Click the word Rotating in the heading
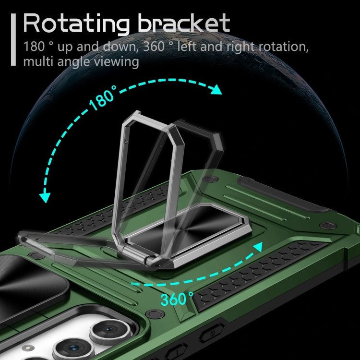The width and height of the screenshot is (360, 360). [76, 24]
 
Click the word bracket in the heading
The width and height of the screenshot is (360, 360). [184, 23]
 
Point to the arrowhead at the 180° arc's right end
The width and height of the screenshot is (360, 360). [216, 90]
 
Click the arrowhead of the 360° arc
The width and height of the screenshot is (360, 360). [258, 247]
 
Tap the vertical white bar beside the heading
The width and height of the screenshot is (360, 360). [13, 40]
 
